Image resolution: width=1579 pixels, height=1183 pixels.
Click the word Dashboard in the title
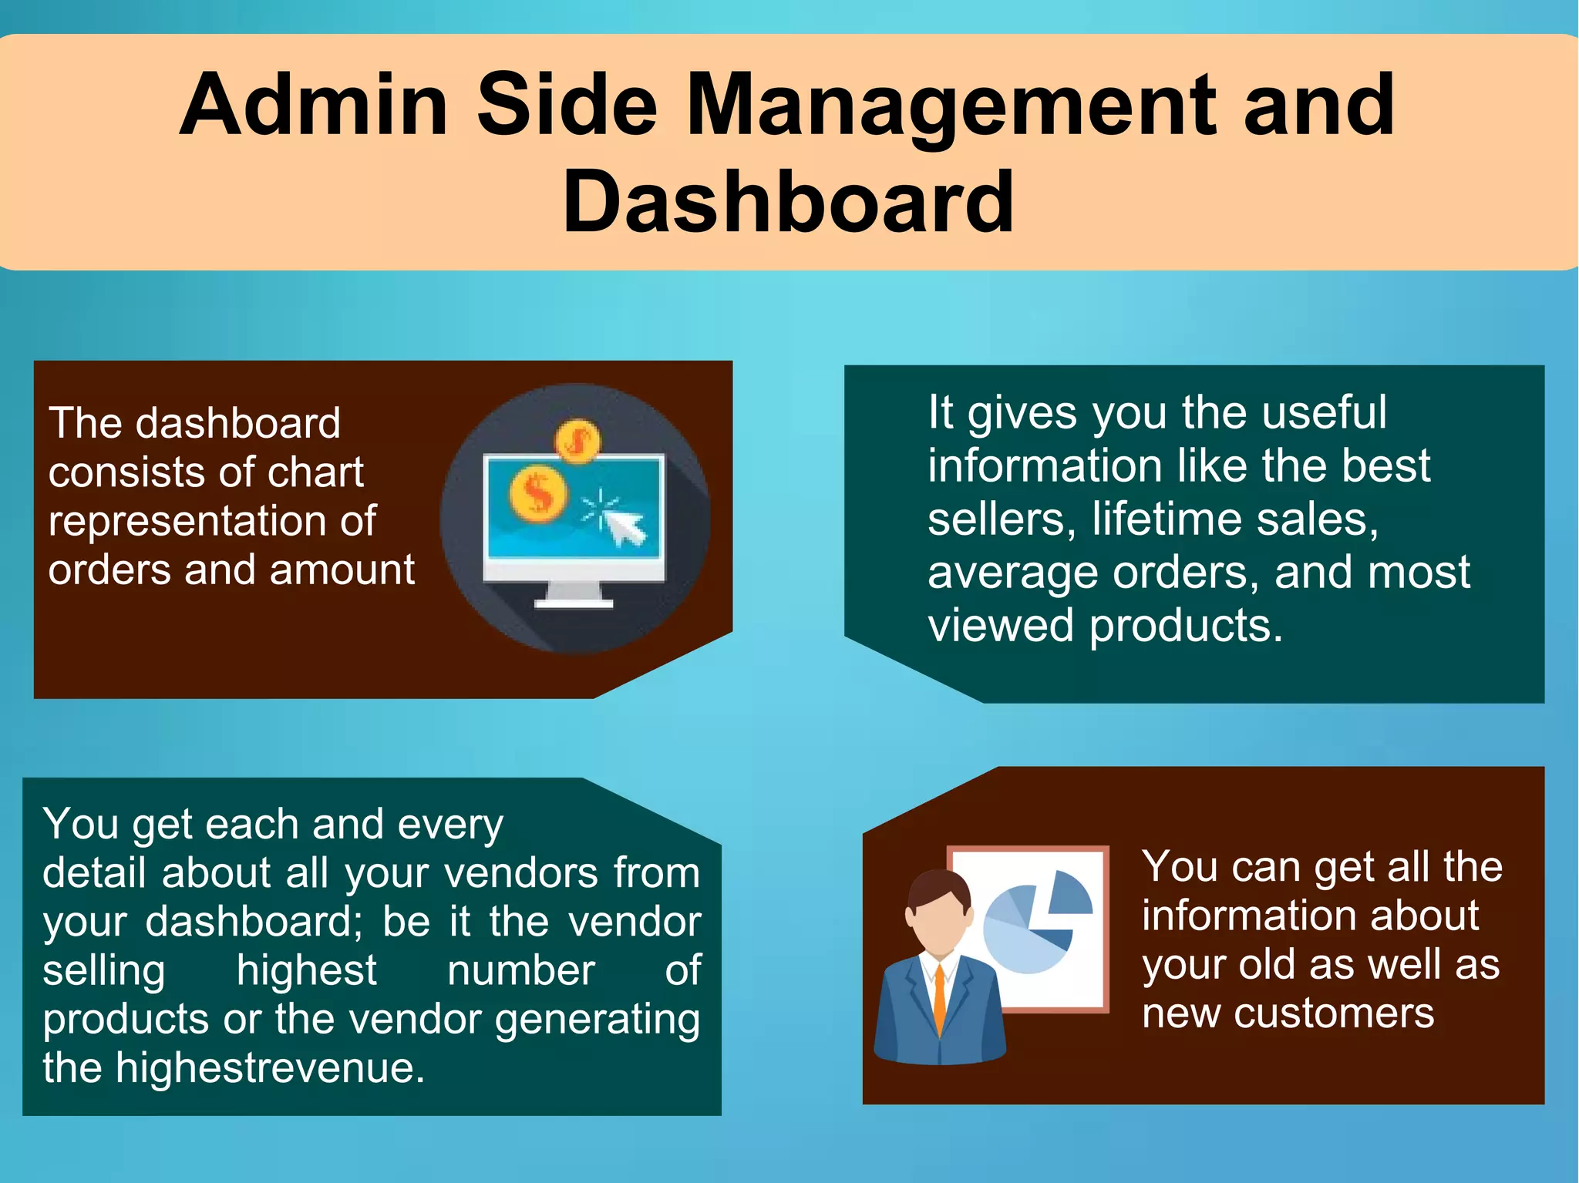coord(788,202)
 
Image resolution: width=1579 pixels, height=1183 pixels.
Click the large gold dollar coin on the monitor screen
coord(537,492)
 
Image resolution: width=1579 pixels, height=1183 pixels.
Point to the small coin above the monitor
coord(577,441)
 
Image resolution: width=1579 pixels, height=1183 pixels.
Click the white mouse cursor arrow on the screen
coord(625,526)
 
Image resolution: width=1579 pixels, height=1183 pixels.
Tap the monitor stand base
coord(574,602)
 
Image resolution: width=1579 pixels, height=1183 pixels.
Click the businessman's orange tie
coord(939,998)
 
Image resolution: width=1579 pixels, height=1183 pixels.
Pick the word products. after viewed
coord(1186,625)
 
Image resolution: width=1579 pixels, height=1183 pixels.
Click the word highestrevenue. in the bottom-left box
coord(270,1067)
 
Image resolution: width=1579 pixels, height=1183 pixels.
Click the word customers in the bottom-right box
coord(1333,1013)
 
